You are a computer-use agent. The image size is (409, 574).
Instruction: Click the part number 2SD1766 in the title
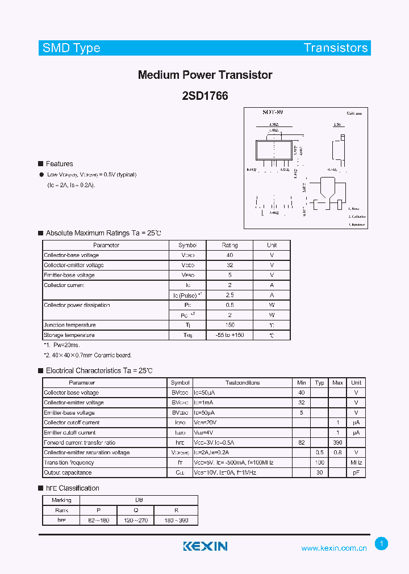coord(205,96)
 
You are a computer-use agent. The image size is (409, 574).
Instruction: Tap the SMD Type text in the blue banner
coord(71,48)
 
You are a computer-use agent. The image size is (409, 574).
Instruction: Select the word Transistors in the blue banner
coord(336,48)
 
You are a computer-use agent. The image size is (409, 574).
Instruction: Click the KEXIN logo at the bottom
coord(205,546)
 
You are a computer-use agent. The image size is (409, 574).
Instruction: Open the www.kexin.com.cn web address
coord(333,548)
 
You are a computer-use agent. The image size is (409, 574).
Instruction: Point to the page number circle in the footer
coord(382,544)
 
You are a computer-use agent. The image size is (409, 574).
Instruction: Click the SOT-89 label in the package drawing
coord(273,112)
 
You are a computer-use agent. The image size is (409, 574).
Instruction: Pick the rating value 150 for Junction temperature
coord(229,325)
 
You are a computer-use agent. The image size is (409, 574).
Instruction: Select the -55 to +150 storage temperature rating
coord(229,335)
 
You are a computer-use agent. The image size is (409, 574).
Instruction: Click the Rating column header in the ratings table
coord(229,245)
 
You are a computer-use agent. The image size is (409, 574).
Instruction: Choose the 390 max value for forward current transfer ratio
coord(337,442)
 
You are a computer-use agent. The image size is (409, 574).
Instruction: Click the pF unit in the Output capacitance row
coord(356,472)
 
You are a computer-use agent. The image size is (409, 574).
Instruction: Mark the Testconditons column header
coord(243,383)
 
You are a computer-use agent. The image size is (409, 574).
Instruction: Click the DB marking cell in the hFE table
coord(139,500)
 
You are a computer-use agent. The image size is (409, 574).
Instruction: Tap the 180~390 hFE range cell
coord(176,520)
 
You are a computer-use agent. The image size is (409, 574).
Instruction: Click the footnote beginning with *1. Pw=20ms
coord(62,345)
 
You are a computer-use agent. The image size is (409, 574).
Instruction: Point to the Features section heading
coord(59,164)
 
